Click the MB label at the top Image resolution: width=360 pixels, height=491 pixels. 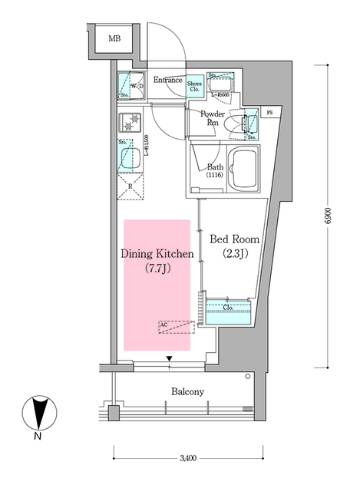point(114,38)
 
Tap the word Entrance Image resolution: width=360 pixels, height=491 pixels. point(167,80)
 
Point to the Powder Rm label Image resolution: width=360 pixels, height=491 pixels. point(212,118)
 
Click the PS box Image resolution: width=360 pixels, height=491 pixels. point(269,113)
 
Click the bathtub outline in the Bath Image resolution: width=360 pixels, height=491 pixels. point(245,170)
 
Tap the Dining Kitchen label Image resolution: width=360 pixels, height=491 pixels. point(157,253)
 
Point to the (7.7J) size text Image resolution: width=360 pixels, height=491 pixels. point(157,268)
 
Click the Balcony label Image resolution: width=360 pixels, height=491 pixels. point(187,392)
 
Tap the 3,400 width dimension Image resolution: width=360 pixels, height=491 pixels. point(188,459)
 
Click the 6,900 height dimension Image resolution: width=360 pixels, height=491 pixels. point(328,215)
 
